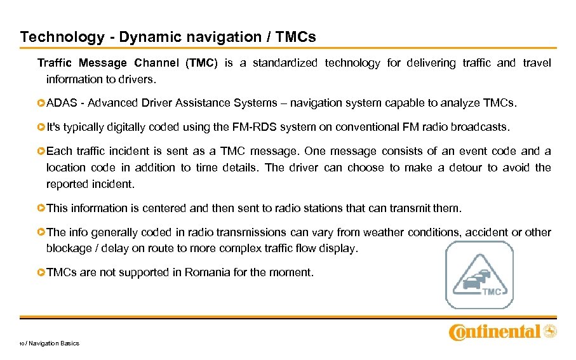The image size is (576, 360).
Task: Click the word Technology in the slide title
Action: tap(62, 37)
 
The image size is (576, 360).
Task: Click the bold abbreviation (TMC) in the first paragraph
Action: tap(201, 63)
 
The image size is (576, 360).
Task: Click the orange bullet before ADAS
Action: tap(41, 103)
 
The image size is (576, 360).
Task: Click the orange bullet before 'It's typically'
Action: tap(41, 127)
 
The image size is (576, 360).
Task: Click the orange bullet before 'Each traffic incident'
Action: tap(41, 151)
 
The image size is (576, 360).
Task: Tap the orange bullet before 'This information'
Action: tap(41, 208)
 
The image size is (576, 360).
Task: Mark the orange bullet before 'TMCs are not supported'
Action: tap(41, 272)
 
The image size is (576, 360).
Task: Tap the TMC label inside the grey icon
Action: tap(492, 291)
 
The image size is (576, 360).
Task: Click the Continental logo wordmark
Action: tap(495, 331)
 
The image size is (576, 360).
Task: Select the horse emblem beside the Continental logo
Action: tap(549, 331)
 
